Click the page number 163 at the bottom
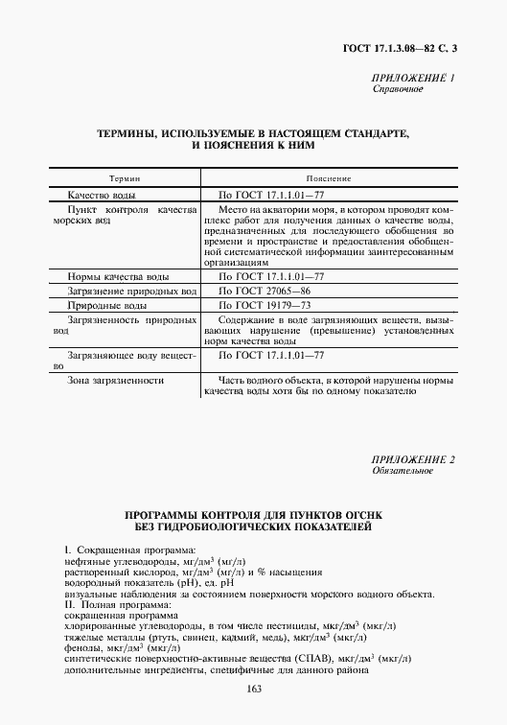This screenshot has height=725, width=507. point(254,690)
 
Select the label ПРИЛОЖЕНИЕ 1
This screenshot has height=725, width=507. point(413,77)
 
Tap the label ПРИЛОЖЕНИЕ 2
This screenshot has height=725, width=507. point(413,458)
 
